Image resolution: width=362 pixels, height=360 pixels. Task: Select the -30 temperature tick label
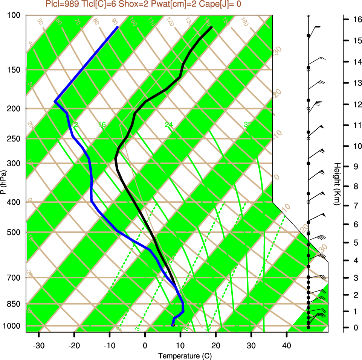click(39, 345)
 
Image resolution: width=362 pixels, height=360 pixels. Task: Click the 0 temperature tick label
click(145, 345)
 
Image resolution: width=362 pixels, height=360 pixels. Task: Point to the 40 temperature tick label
click(287, 345)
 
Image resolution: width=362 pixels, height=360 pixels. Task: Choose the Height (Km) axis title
click(337, 184)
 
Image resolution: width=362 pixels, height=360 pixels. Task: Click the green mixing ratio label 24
click(169, 125)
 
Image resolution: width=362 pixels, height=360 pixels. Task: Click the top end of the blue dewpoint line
click(118, 27)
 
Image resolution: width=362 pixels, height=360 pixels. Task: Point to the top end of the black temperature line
click(211, 27)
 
